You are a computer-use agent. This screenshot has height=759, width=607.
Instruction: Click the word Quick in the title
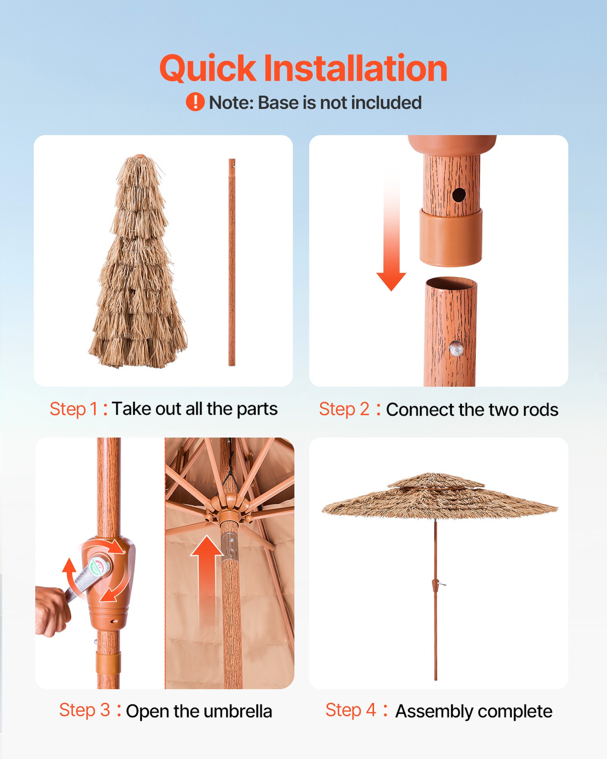[208, 69]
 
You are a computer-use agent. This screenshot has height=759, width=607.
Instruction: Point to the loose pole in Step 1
[232, 262]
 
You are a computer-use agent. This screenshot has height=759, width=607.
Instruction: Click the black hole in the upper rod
[459, 195]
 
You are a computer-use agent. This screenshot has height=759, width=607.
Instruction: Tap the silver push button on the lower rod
[456, 348]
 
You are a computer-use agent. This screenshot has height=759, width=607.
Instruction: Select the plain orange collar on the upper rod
[451, 238]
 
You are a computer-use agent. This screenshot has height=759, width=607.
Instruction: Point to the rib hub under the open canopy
[229, 509]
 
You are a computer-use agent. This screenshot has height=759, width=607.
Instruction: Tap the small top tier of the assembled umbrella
[436, 481]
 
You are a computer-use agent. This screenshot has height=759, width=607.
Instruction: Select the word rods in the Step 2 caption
[540, 410]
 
